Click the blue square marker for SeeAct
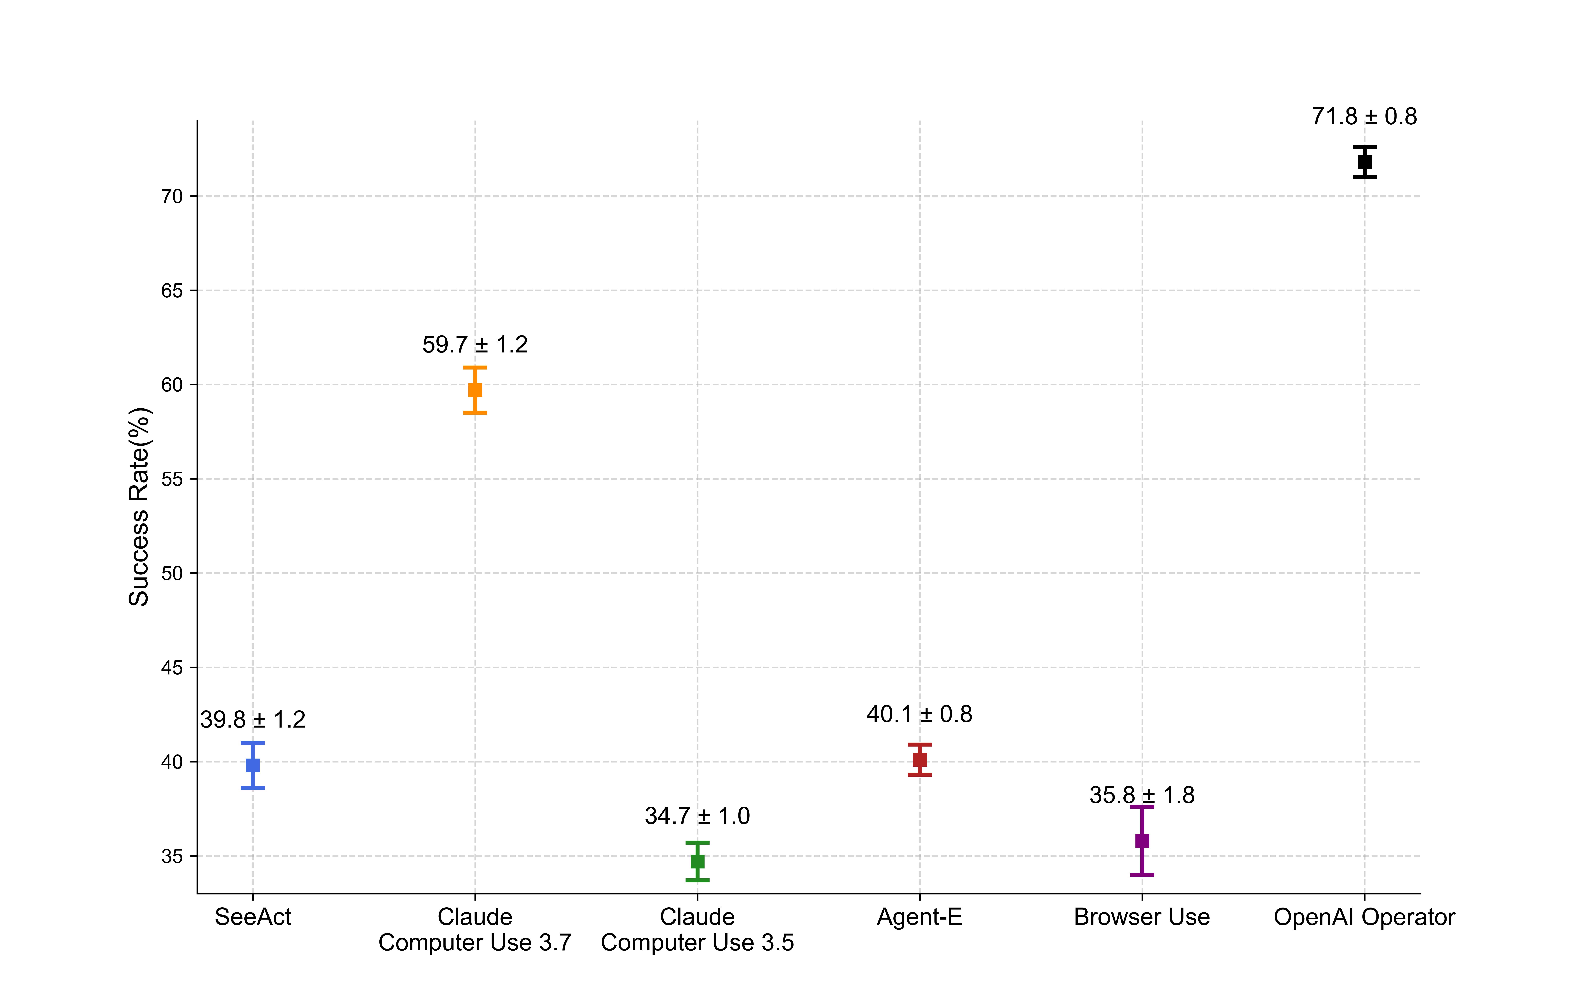tap(253, 765)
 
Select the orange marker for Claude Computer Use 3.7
tap(475, 390)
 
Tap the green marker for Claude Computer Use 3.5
tap(697, 861)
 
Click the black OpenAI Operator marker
tap(1364, 162)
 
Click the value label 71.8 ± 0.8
tap(1364, 117)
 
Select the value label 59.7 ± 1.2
tap(475, 345)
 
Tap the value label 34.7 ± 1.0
tap(697, 816)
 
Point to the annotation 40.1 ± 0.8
tap(919, 714)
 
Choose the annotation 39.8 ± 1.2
tap(253, 720)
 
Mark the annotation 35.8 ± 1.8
tap(1142, 795)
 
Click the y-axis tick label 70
tap(172, 197)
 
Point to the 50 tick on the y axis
tap(172, 573)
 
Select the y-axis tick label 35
tap(172, 857)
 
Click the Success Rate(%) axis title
tap(139, 507)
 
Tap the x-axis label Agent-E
tap(919, 917)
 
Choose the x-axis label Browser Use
tap(1142, 917)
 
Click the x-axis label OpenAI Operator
tap(1364, 917)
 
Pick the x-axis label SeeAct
tap(253, 917)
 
